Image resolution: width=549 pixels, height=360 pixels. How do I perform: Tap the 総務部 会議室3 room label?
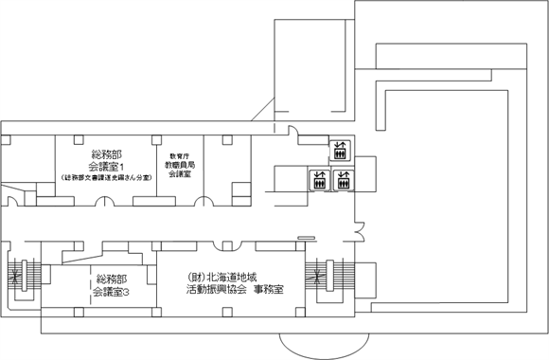[x=112, y=285]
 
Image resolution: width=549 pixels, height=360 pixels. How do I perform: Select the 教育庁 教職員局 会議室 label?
[x=181, y=165]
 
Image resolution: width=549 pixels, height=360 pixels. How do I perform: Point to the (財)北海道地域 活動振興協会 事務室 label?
[x=236, y=284]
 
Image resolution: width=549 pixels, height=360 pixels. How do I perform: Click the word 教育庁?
[x=180, y=153]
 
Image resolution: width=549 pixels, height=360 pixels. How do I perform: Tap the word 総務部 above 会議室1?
[x=112, y=153]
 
